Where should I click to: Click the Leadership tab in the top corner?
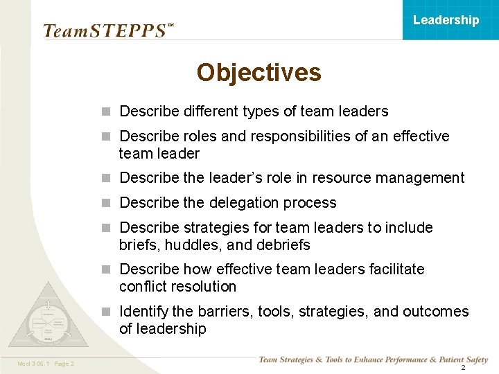click(x=446, y=20)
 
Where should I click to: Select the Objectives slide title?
click(x=259, y=72)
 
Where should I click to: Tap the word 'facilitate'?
click(x=393, y=269)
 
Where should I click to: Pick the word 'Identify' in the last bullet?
click(x=145, y=312)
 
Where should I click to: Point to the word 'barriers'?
click(x=222, y=312)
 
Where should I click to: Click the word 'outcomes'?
click(x=437, y=312)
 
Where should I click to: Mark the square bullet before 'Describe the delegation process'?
click(x=106, y=203)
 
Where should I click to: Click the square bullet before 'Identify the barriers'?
click(x=106, y=312)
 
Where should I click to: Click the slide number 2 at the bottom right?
click(x=463, y=368)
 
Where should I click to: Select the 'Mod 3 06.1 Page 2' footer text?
click(x=46, y=364)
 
